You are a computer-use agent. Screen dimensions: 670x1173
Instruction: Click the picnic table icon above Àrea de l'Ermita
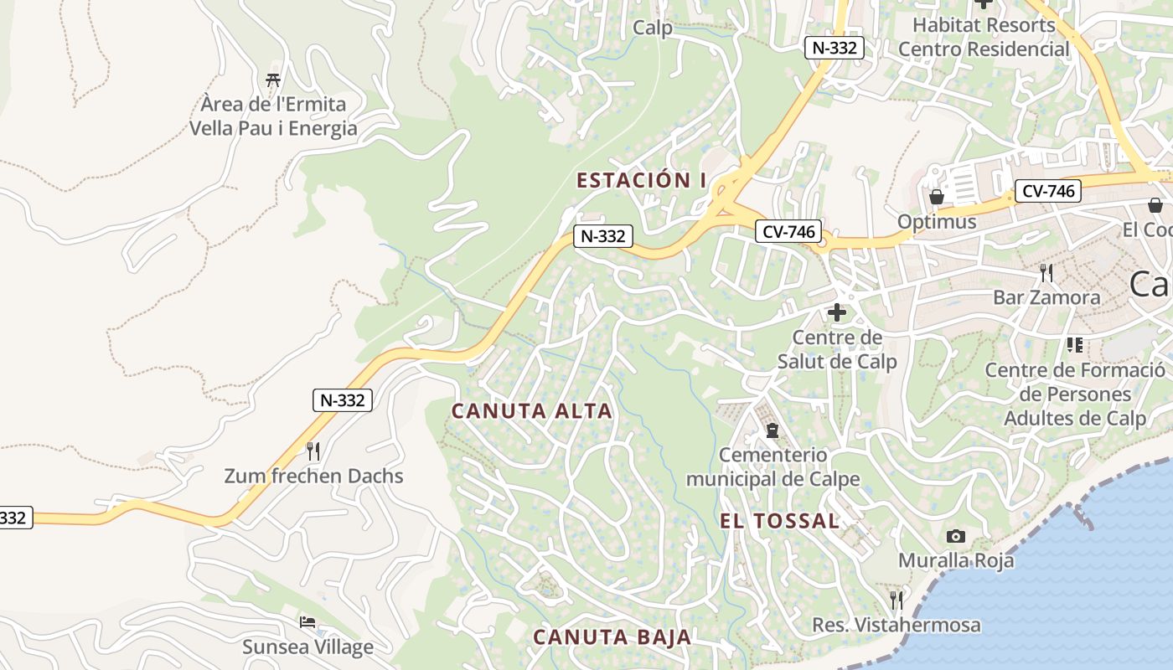pyautogui.click(x=272, y=80)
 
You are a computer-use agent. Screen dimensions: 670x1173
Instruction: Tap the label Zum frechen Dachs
pyautogui.click(x=313, y=477)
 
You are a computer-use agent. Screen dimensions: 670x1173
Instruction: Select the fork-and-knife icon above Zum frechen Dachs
pyautogui.click(x=313, y=451)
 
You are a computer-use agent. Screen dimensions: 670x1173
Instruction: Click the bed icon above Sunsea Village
pyautogui.click(x=307, y=622)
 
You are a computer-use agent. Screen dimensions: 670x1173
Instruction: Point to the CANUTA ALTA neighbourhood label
pyautogui.click(x=532, y=411)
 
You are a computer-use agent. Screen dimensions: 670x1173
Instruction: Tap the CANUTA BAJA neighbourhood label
pyautogui.click(x=612, y=636)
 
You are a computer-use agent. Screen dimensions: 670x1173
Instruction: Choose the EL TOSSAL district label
pyautogui.click(x=779, y=521)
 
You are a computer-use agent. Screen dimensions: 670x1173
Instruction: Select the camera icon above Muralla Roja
pyautogui.click(x=955, y=536)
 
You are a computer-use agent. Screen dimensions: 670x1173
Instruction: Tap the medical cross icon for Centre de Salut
pyautogui.click(x=836, y=313)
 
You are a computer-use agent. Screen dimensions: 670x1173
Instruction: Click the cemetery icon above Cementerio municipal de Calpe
pyautogui.click(x=773, y=430)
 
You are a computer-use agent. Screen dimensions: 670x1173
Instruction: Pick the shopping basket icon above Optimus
pyautogui.click(x=936, y=197)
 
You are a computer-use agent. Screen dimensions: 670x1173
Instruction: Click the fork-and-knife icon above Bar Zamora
pyautogui.click(x=1046, y=272)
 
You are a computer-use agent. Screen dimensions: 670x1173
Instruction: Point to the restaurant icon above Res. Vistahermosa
pyautogui.click(x=896, y=600)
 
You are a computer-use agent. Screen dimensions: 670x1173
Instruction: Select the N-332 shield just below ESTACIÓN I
pyautogui.click(x=602, y=236)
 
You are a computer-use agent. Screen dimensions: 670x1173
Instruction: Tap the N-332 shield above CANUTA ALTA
pyautogui.click(x=343, y=400)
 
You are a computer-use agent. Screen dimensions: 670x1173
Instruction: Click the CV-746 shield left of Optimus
pyautogui.click(x=788, y=232)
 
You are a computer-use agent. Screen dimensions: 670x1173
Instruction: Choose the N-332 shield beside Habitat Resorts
pyautogui.click(x=835, y=48)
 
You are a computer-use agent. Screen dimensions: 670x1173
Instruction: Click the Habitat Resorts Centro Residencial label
pyautogui.click(x=984, y=37)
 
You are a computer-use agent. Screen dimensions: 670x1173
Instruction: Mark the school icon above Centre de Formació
pyautogui.click(x=1075, y=344)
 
